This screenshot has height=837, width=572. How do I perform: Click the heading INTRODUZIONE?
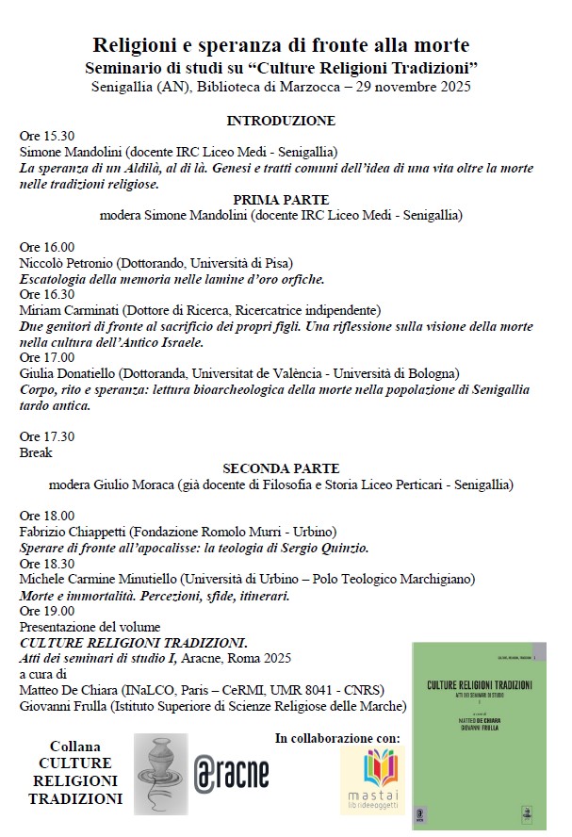click(281, 121)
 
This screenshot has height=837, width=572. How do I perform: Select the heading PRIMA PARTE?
click(281, 200)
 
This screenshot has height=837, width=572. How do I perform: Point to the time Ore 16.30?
click(46, 294)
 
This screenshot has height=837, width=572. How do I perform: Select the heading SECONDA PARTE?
click(281, 468)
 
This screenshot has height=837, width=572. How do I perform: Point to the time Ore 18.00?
click(46, 516)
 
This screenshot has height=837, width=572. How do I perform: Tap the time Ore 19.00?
click(46, 611)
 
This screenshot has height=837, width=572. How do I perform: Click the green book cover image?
click(479, 737)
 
